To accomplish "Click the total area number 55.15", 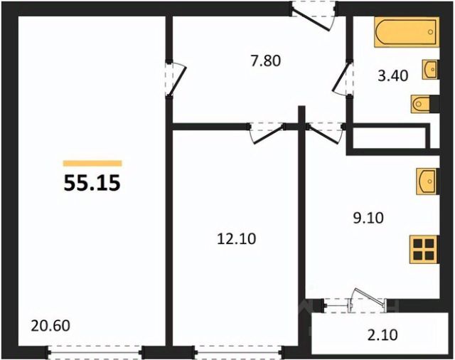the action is pos(92,183).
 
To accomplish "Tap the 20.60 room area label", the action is pos(50,325).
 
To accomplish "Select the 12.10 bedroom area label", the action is pos(237,239).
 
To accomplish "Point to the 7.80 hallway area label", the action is pos(266,61).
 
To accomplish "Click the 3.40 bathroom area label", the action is pos(393,76).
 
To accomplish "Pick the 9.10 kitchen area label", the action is pos(368,218).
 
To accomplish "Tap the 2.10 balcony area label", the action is pos(382,334).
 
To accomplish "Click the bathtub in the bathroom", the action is pos(407,32).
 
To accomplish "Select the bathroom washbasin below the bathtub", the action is pos(430,70).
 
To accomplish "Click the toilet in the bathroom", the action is pos(421,104).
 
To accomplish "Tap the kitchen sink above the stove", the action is pos(427,181).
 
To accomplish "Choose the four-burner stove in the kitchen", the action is pos(424,250).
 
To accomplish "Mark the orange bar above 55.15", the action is pos(92,164).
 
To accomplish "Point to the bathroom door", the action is pos(342,78).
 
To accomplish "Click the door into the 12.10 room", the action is pos(266,133).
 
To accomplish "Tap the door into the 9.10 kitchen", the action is pos(325,133).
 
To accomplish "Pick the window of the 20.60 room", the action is pos(95,352).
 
